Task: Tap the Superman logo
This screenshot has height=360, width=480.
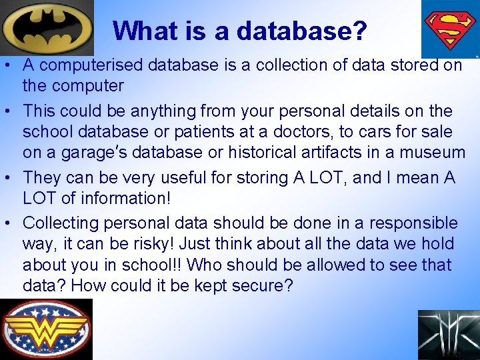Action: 451,28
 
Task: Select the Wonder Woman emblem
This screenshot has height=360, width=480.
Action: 46,329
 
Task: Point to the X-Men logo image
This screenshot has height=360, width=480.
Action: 449,335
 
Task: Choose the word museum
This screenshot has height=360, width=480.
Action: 431,153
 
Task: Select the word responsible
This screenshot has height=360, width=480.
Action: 413,223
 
